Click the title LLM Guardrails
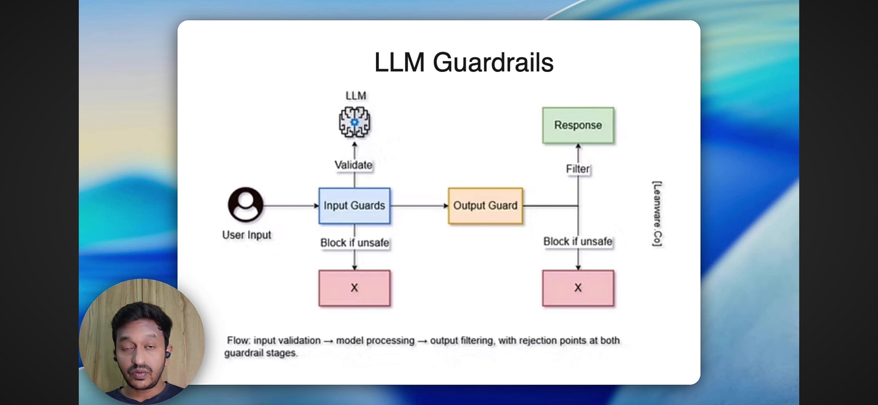(x=464, y=63)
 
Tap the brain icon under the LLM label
(x=355, y=122)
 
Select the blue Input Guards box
(x=355, y=206)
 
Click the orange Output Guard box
(x=485, y=206)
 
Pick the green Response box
(x=578, y=125)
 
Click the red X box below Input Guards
(x=355, y=288)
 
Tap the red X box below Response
(x=578, y=288)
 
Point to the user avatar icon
(x=246, y=204)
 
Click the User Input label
(x=247, y=235)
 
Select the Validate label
(x=353, y=165)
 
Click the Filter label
(x=578, y=169)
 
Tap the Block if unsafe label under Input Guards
(x=355, y=243)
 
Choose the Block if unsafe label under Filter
(x=578, y=242)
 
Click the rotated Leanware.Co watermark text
(x=657, y=213)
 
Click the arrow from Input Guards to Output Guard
(x=419, y=206)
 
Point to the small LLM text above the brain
(x=356, y=96)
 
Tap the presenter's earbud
(x=167, y=355)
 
